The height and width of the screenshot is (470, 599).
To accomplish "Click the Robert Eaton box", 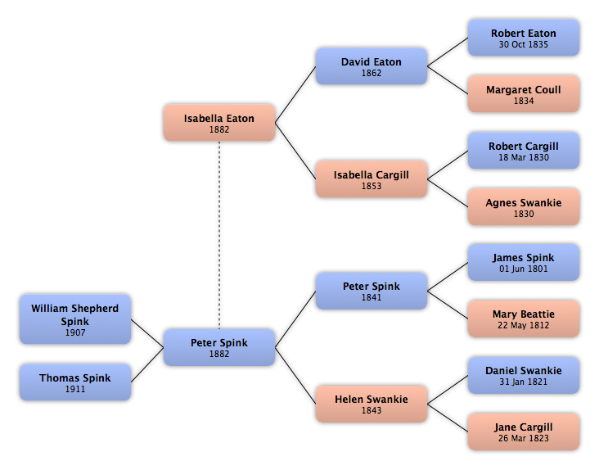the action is (x=524, y=38).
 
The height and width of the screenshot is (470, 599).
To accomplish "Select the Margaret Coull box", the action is (x=524, y=94).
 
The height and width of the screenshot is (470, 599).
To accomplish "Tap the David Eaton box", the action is (x=372, y=66).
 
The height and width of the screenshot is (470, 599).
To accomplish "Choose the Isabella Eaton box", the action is (x=219, y=123).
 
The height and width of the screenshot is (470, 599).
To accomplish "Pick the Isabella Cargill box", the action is (x=372, y=179).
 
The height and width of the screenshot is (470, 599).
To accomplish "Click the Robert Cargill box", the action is (x=524, y=151).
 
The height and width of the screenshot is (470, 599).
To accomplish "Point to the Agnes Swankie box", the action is (x=524, y=206).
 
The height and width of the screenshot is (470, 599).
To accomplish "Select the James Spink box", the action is (x=524, y=263).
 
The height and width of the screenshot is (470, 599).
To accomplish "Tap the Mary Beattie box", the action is (x=524, y=319).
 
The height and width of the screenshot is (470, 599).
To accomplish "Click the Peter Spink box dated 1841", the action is (x=372, y=291).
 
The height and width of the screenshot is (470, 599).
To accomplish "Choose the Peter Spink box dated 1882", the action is (x=219, y=347).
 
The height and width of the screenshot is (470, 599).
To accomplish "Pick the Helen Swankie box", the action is (x=372, y=404).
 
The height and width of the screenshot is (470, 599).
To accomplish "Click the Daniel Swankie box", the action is (x=524, y=375).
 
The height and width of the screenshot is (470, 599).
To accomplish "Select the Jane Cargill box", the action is (x=524, y=432).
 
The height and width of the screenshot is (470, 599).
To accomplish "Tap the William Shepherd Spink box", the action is (x=75, y=319).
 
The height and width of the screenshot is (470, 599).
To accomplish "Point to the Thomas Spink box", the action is (x=75, y=382).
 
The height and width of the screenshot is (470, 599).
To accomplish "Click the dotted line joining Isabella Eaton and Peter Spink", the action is (x=219, y=235).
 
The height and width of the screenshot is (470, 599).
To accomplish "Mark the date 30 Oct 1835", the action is (x=524, y=44).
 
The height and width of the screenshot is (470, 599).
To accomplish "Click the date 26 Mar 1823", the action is (x=524, y=438).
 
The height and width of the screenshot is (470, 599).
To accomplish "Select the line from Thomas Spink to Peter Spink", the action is (x=147, y=364).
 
